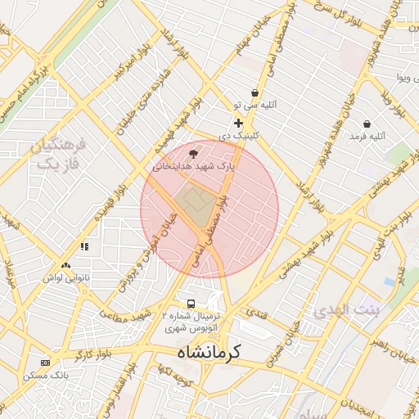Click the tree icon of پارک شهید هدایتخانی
click(193, 153)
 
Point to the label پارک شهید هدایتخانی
click(194, 165)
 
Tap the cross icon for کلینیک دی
click(238, 123)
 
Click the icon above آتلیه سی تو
click(255, 93)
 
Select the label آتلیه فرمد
click(366, 136)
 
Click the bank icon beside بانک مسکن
click(44, 363)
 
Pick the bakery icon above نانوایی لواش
click(65, 265)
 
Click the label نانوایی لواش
click(65, 277)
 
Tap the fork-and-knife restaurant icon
click(83, 246)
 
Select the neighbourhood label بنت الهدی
click(347, 310)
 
